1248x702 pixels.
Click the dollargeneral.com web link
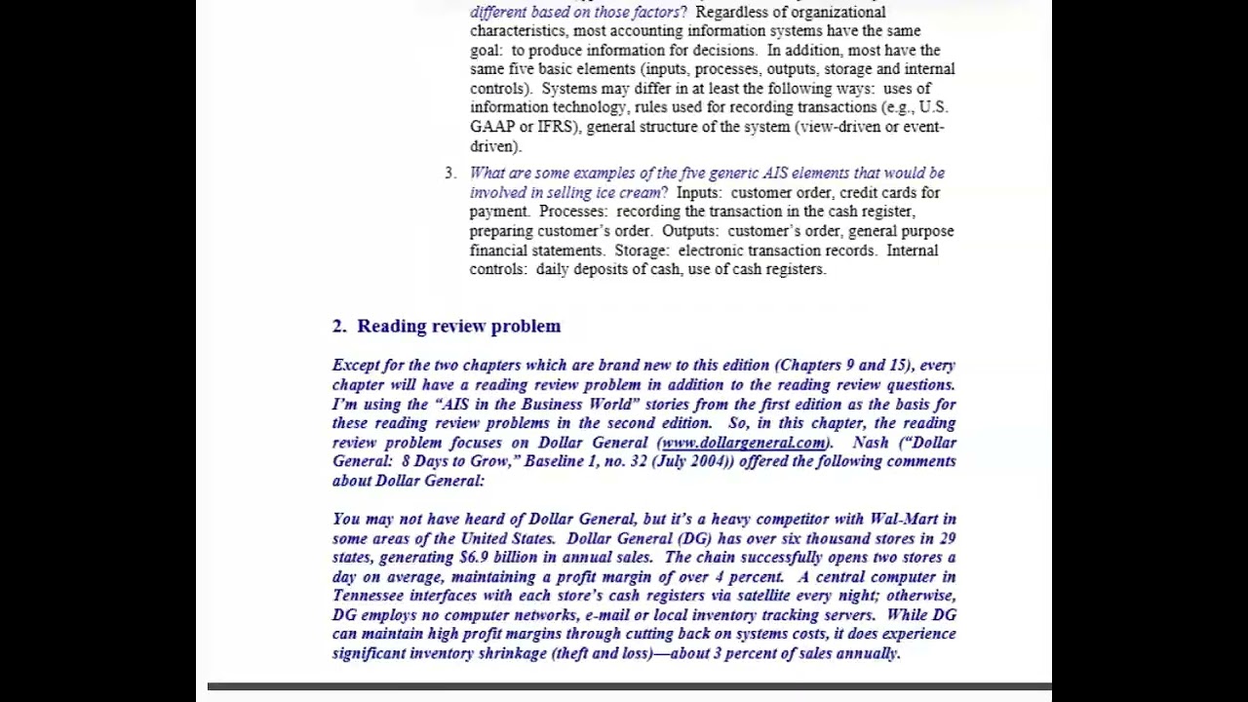(x=743, y=443)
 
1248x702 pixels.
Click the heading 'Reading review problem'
(x=458, y=327)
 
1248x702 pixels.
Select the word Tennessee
(x=368, y=596)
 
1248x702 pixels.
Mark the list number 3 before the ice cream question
(x=449, y=174)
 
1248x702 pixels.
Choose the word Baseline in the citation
(x=554, y=461)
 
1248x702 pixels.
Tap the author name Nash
(x=871, y=443)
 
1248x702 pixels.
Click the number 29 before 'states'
(x=946, y=538)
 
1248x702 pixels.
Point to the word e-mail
(x=606, y=615)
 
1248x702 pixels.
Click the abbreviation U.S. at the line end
(x=933, y=107)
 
